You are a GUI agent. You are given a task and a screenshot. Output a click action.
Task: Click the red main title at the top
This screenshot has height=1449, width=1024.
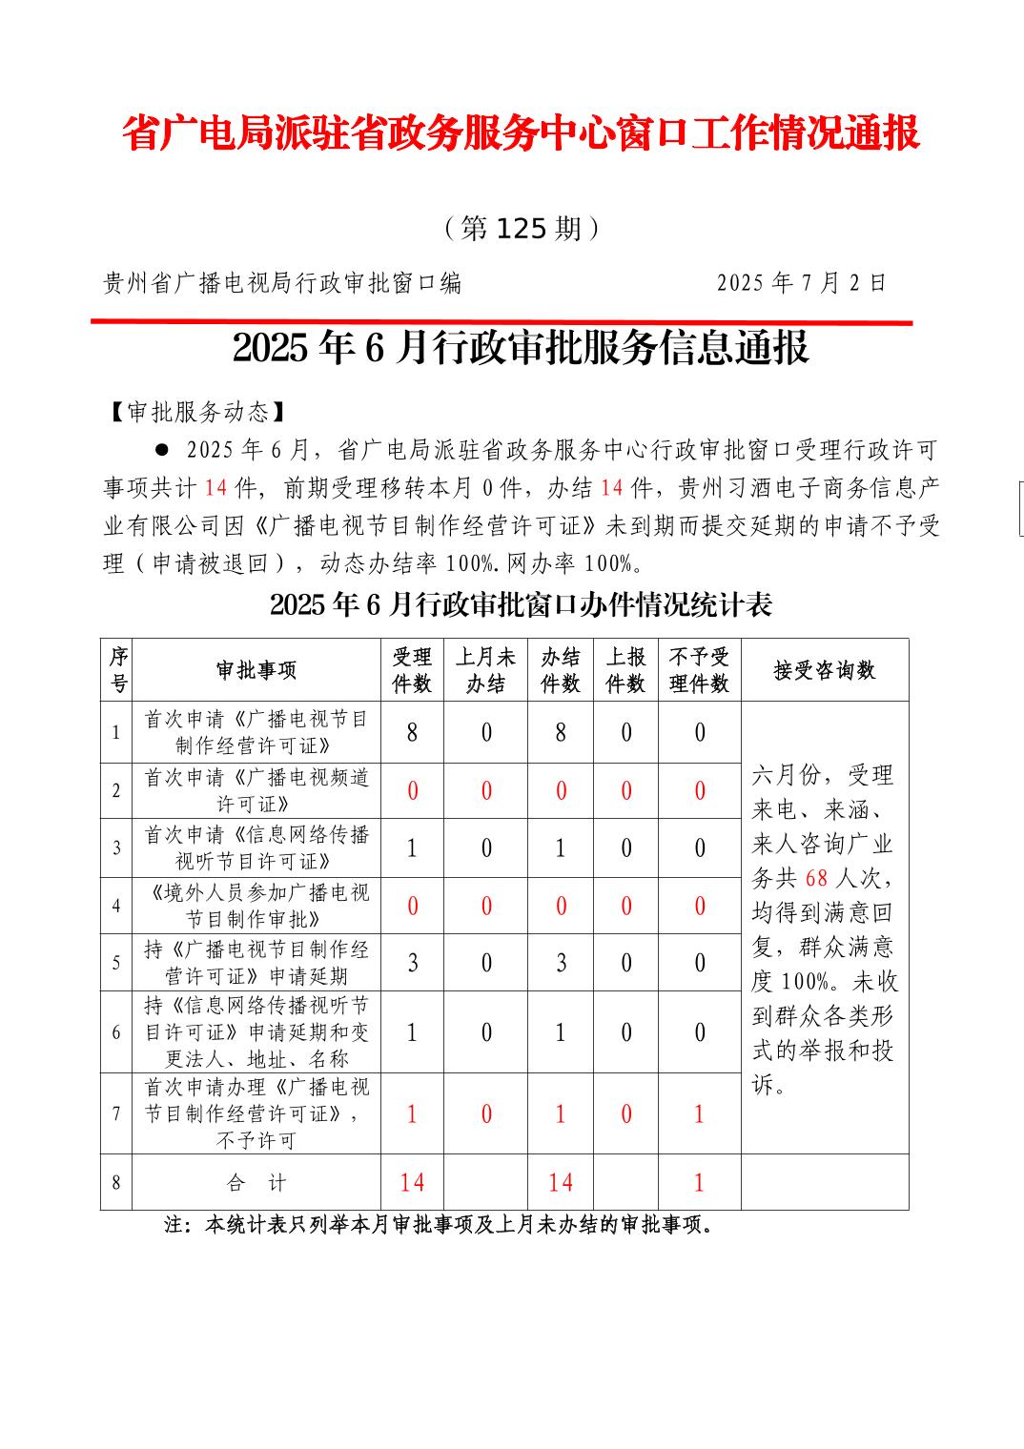pos(521,134)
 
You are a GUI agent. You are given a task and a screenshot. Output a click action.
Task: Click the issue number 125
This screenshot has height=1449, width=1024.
pos(521,229)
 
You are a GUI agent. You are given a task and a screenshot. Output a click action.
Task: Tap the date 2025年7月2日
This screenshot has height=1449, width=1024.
pos(801,283)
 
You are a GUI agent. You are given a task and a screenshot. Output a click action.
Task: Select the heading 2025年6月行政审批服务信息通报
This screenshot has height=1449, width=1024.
pos(521,349)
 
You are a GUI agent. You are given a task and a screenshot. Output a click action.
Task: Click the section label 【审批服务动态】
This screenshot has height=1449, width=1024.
pos(195,412)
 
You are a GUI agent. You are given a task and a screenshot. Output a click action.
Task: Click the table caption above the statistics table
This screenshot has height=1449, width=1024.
pos(521,605)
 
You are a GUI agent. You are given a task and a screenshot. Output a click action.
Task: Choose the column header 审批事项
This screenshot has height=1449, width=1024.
pos(256,671)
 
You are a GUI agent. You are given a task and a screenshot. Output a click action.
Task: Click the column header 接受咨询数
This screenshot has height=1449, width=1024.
pos(824,671)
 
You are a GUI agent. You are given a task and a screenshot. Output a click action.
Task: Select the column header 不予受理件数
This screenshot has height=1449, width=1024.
pos(699,671)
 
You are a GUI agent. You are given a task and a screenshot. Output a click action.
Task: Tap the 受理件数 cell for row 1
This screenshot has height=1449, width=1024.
pos(412,732)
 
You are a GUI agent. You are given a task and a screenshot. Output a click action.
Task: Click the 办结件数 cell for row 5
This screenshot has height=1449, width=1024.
pos(561,963)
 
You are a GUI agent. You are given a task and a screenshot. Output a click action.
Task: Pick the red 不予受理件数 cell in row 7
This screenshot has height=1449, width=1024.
pos(699,1113)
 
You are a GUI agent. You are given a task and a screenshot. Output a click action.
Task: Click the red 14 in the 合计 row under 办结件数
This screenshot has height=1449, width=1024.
pos(561,1183)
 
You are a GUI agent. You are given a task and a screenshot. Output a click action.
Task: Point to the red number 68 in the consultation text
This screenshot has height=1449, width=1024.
pos(817,879)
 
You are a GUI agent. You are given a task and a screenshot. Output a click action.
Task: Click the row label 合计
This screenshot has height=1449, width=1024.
pos(256,1183)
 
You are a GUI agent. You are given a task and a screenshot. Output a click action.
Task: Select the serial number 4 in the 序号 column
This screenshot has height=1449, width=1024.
pos(116,906)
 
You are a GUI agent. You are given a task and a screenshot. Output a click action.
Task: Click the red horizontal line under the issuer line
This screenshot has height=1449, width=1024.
pos(502,322)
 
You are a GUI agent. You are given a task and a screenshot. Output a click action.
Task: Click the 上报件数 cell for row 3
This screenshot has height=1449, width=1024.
pos(625,848)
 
